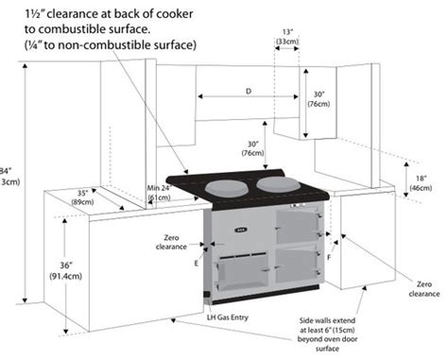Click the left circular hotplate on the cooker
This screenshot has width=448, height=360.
(226, 185)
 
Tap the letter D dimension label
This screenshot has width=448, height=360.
(248, 92)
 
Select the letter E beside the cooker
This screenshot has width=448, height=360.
(197, 262)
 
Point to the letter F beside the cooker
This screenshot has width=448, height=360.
(329, 257)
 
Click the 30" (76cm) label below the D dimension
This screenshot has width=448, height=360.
(251, 147)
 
